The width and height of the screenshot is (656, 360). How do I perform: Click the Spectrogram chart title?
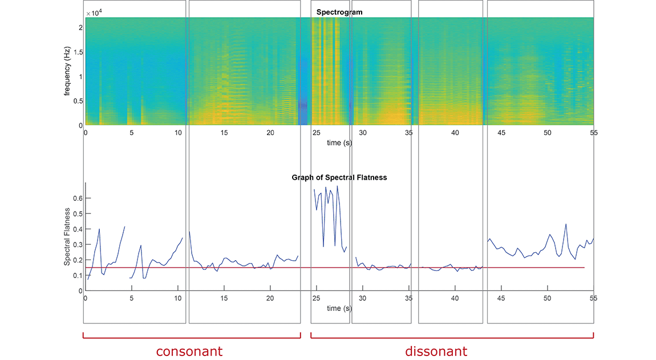click(x=339, y=12)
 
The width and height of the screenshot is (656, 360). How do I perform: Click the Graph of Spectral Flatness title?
click(x=339, y=177)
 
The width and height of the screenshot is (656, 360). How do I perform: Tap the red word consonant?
click(x=189, y=351)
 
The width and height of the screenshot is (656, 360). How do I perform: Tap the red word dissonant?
click(x=436, y=351)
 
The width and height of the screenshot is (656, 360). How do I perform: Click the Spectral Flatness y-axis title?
click(x=67, y=236)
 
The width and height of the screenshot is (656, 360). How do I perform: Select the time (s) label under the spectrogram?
click(x=339, y=143)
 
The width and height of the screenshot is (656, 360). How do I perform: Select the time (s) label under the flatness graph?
click(x=339, y=308)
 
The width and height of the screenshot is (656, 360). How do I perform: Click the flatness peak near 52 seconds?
click(x=566, y=224)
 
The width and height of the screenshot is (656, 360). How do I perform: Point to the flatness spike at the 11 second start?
click(x=189, y=232)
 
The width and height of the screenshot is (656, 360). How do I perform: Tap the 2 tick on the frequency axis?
click(x=80, y=27)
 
